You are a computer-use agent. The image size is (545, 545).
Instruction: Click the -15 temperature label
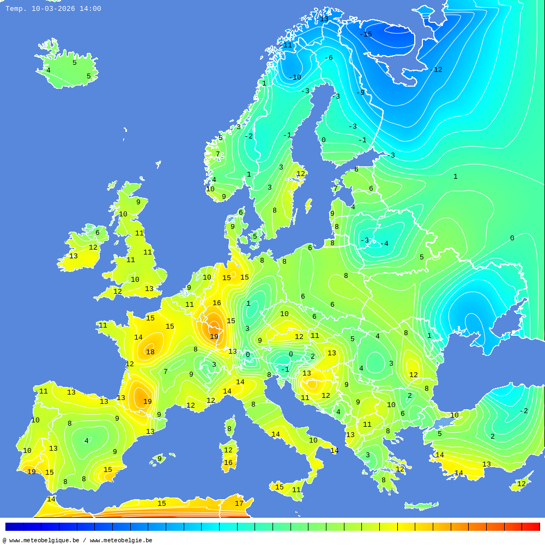coord(366,34)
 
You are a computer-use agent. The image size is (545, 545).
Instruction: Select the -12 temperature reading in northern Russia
coord(436,70)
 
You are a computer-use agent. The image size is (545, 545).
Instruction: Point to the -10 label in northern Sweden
coord(295,77)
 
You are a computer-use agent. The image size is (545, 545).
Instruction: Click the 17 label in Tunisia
coord(239,504)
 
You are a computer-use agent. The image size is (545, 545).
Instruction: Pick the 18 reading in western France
coord(150,352)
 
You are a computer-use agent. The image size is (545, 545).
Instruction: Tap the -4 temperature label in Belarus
coord(384,244)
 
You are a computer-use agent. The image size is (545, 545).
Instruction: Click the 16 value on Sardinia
coord(228,463)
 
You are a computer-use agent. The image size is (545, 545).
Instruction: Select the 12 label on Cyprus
coord(522,484)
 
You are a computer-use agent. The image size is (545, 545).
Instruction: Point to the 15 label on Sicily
coord(280,487)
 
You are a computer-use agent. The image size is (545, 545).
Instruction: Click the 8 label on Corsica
coord(229,429)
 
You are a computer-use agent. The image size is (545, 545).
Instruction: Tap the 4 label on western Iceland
coord(48,70)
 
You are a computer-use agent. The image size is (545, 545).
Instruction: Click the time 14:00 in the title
coord(90,9)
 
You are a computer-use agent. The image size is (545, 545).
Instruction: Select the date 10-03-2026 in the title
coord(53,9)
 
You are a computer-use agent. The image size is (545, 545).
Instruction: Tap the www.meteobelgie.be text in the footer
coord(121,541)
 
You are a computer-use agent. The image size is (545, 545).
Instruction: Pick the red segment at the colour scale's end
coord(531,526)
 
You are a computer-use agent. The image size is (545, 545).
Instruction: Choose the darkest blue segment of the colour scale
coord(14,526)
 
